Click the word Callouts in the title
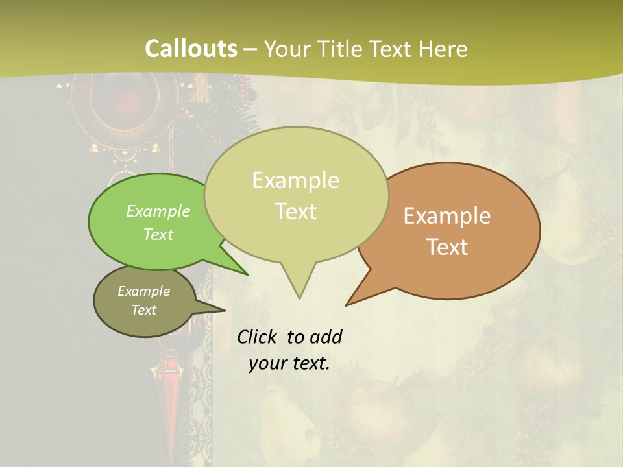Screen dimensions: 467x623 click(x=191, y=49)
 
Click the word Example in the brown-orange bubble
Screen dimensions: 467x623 click(x=447, y=216)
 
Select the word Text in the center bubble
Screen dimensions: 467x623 click(x=296, y=211)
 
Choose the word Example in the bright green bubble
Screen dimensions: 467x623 click(x=158, y=211)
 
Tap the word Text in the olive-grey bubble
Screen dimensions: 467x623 click(x=144, y=310)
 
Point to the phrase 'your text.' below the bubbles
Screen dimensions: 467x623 click(x=289, y=363)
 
